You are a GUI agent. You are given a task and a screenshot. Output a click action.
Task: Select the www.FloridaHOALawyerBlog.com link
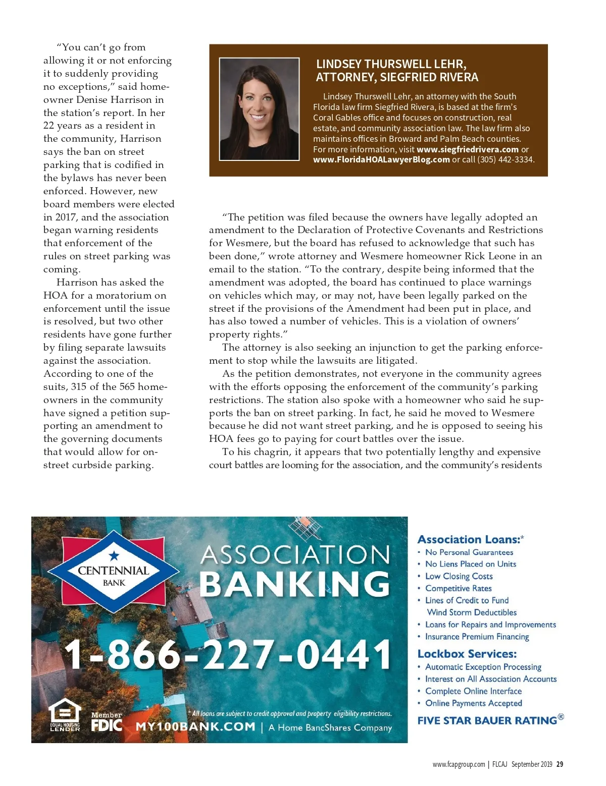click(x=381, y=160)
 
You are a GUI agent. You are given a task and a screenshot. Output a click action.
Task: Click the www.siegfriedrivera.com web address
click(x=468, y=149)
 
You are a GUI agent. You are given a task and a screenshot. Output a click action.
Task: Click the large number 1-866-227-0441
click(x=228, y=654)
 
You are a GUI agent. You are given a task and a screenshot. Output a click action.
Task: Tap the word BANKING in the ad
click(x=295, y=584)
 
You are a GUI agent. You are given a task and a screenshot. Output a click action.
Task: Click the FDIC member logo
click(x=107, y=722)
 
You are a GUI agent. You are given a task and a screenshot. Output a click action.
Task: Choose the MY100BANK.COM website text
click(x=195, y=727)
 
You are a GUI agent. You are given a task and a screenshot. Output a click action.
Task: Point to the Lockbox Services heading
click(x=467, y=654)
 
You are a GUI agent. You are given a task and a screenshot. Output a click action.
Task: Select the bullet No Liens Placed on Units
click(x=470, y=564)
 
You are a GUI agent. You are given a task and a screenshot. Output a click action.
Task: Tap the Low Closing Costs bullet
click(x=459, y=576)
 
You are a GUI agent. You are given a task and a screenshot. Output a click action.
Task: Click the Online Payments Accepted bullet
click(x=473, y=703)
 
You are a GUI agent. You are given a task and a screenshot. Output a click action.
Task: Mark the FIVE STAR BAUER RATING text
click(x=487, y=720)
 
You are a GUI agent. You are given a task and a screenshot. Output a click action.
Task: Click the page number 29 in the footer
click(x=560, y=764)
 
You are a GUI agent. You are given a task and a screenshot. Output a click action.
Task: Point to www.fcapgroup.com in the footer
click(x=459, y=764)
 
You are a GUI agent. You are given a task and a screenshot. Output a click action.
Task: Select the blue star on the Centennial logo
click(x=114, y=556)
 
